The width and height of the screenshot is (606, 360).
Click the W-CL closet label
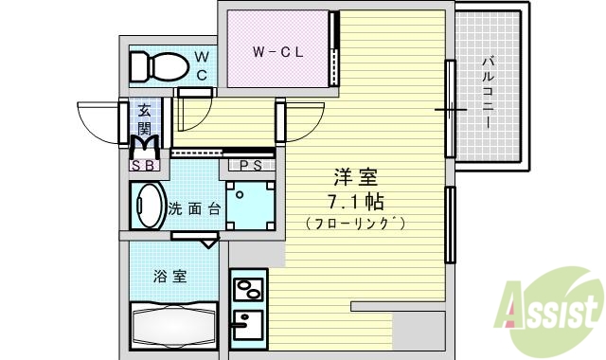click(x=277, y=52)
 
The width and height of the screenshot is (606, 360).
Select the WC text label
click(x=202, y=66)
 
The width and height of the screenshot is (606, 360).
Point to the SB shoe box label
click(x=144, y=166)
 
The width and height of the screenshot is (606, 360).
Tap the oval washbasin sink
click(x=148, y=206)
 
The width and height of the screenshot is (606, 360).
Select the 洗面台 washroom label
click(x=194, y=208)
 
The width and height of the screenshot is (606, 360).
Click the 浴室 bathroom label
click(x=170, y=277)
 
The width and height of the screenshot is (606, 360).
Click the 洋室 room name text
click(x=354, y=177)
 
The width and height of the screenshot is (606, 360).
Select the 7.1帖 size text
click(x=354, y=201)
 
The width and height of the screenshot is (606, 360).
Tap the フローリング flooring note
click(x=354, y=224)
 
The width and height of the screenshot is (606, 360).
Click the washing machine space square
click(x=251, y=207)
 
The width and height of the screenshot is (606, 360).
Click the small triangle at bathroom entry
click(x=208, y=242)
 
